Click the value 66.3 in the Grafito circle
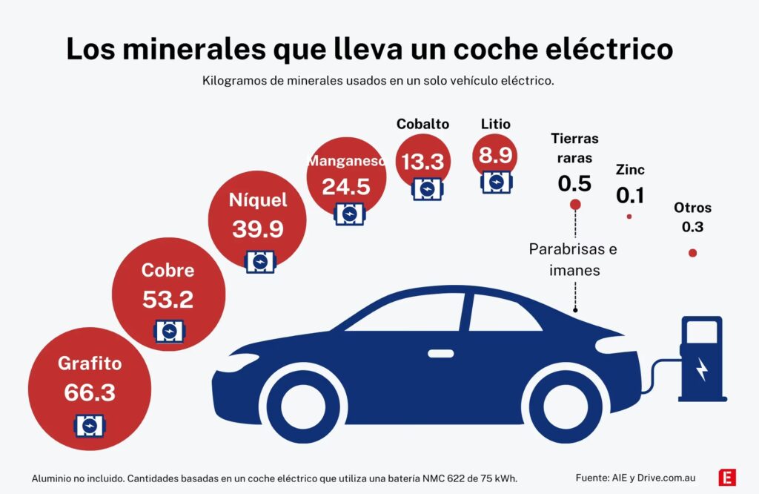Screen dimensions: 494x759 pos(90,392)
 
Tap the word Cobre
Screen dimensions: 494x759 pos(168,271)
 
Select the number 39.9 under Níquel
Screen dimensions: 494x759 pos(257,229)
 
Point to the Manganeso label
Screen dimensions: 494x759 pos(346,161)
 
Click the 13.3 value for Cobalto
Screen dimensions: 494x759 pos(422,161)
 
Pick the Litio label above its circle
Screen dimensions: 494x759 pos(495,124)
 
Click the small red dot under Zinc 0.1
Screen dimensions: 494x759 pos(629,217)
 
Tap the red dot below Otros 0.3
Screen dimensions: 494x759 pos(692,253)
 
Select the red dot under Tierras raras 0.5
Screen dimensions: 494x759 pos(574,204)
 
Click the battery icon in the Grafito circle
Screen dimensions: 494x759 pos(90,426)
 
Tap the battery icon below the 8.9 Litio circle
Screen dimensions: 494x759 pos(495,182)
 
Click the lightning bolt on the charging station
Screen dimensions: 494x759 pos(701,368)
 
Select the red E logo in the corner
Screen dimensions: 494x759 pos(727,478)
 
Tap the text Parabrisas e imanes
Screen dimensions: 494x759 pos(573,260)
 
